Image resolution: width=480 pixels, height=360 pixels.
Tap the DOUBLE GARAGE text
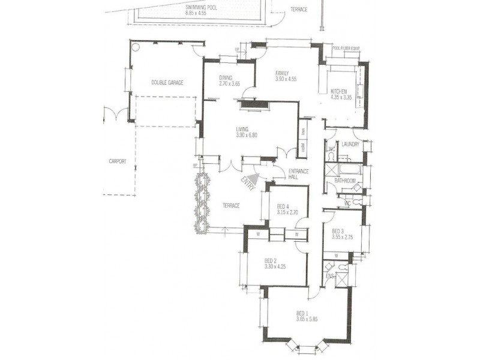pos(167,82)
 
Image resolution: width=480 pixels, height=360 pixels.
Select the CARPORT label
pos(118,161)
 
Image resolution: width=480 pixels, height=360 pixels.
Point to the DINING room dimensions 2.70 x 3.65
pos(229,84)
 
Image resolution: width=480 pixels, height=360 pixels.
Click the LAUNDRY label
pos(350,144)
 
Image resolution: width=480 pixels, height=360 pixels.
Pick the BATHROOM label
pos(346,180)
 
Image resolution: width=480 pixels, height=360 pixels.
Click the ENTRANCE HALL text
pos(298,174)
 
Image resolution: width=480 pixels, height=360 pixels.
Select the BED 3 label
pos(338,232)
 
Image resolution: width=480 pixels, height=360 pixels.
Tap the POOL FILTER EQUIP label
pos(345,49)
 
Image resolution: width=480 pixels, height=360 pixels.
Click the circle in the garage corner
pos(136,46)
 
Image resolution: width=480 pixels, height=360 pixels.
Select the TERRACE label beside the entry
pos(231,206)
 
